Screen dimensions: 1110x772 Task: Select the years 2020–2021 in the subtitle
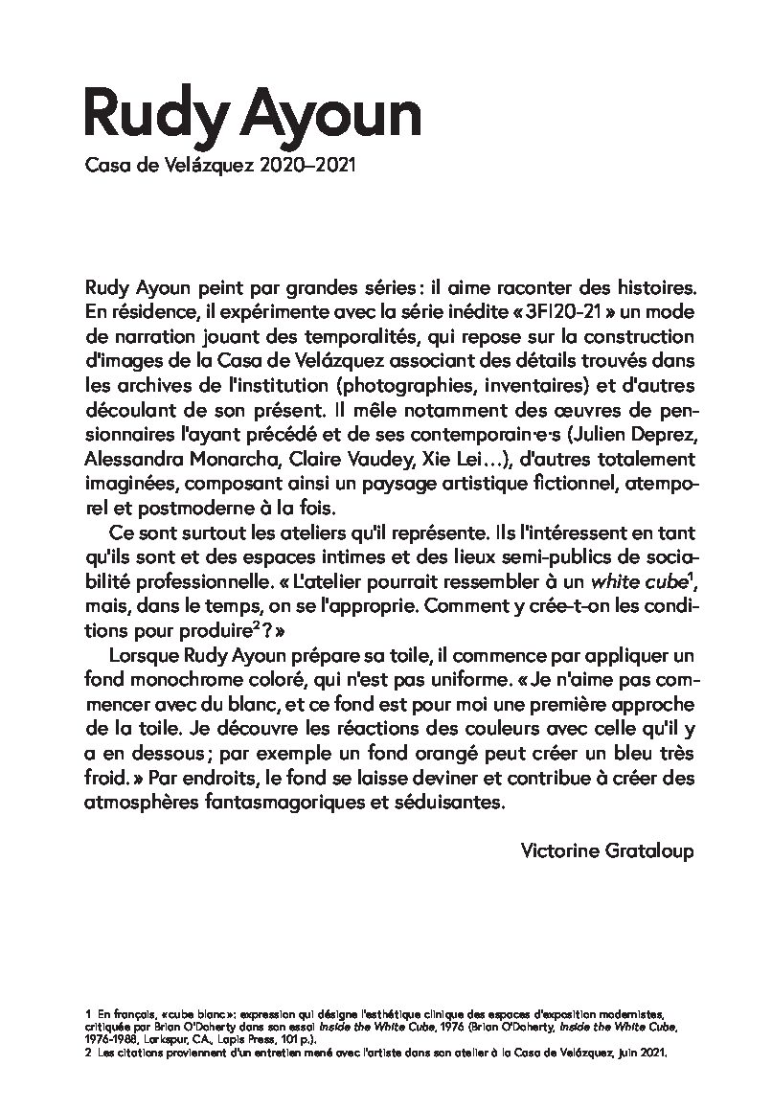point(308,168)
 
